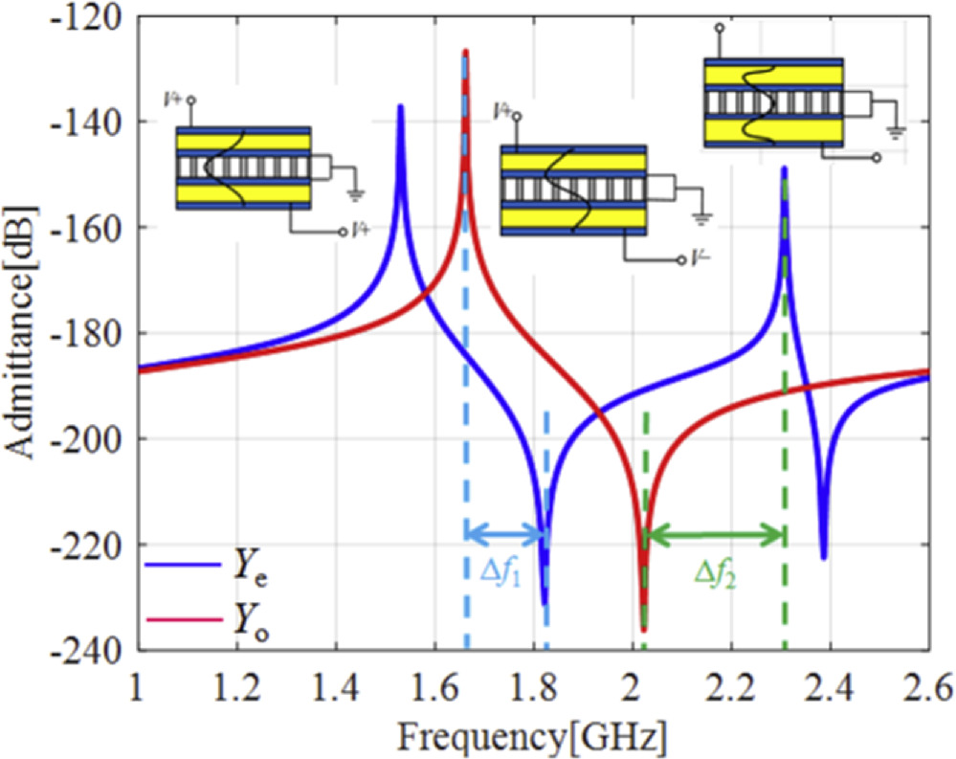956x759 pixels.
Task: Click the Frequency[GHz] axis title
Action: (x=533, y=737)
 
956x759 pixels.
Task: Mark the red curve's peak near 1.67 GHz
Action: (x=466, y=52)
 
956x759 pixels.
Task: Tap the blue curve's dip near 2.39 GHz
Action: (x=824, y=557)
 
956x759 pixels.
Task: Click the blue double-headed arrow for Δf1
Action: (x=505, y=534)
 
